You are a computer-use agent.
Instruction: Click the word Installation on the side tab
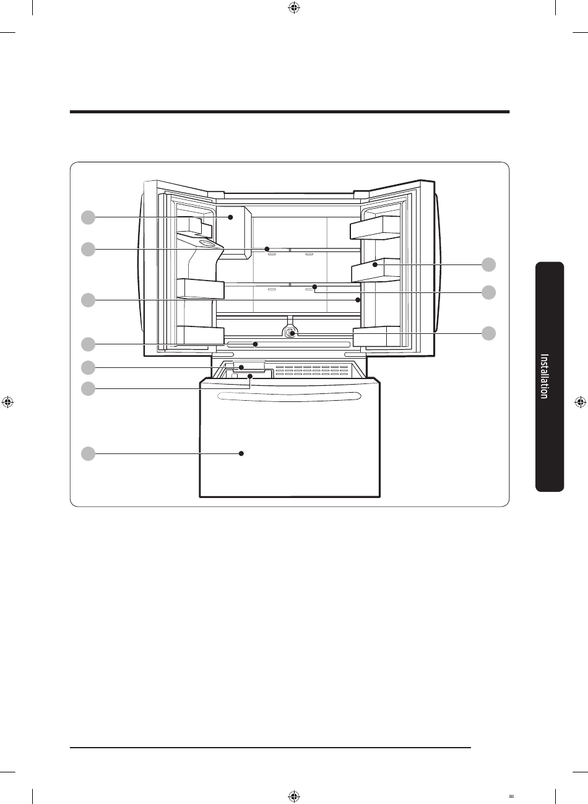pyautogui.click(x=544, y=376)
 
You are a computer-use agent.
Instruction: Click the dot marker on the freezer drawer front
pyautogui.click(x=241, y=453)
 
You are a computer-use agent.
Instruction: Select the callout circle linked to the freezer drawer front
pyautogui.click(x=88, y=453)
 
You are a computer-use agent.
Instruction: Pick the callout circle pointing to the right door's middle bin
pyautogui.click(x=488, y=264)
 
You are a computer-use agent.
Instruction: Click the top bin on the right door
pyautogui.click(x=375, y=227)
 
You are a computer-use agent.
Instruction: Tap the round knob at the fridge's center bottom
pyautogui.click(x=290, y=333)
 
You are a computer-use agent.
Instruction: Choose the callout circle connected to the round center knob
pyautogui.click(x=488, y=333)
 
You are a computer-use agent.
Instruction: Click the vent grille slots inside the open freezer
pyautogui.click(x=312, y=371)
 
